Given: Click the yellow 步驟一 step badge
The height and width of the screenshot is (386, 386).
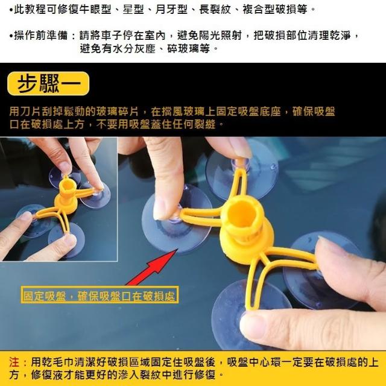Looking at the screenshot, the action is [48, 83].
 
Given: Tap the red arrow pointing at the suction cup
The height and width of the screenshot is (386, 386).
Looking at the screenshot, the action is [152, 268].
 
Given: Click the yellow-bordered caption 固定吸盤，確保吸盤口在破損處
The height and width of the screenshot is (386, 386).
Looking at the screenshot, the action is [100, 295].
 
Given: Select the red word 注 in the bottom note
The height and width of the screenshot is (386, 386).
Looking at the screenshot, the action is [14, 362].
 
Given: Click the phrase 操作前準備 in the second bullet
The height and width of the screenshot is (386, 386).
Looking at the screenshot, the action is [40, 36].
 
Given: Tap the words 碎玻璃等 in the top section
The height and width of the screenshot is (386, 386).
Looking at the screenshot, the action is [188, 48].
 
